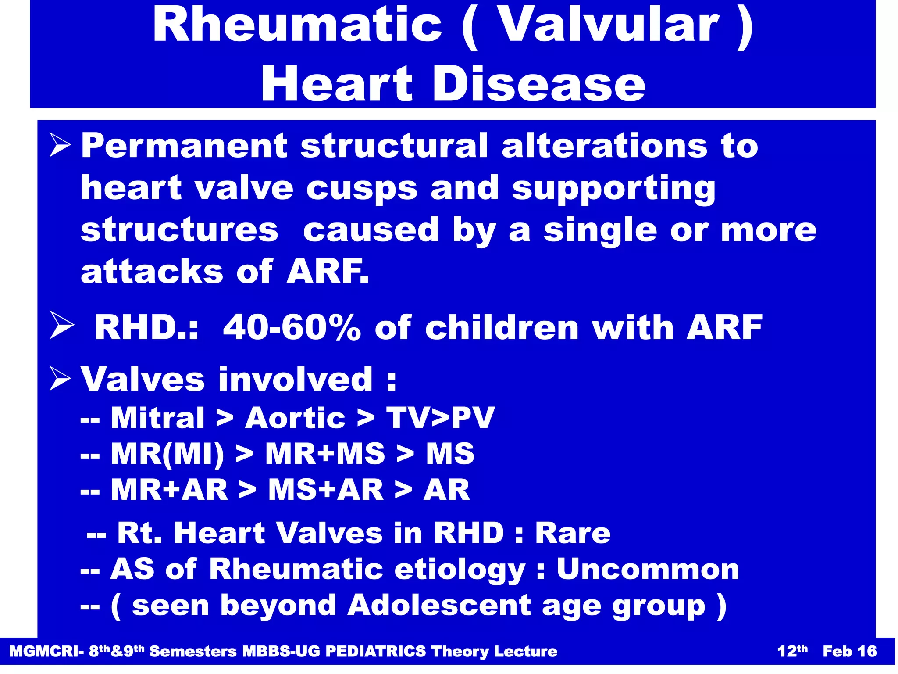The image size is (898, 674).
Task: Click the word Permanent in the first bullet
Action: [x=184, y=146]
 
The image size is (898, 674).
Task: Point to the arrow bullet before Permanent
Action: [x=60, y=146]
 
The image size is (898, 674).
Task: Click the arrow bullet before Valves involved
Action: [x=60, y=379]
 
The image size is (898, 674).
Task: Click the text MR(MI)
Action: [x=167, y=454]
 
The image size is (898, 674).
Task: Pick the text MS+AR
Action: [x=326, y=490]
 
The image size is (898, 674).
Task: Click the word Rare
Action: [x=573, y=533]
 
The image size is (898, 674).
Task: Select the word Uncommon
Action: [x=648, y=569]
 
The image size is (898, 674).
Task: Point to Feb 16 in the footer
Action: [x=849, y=652]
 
